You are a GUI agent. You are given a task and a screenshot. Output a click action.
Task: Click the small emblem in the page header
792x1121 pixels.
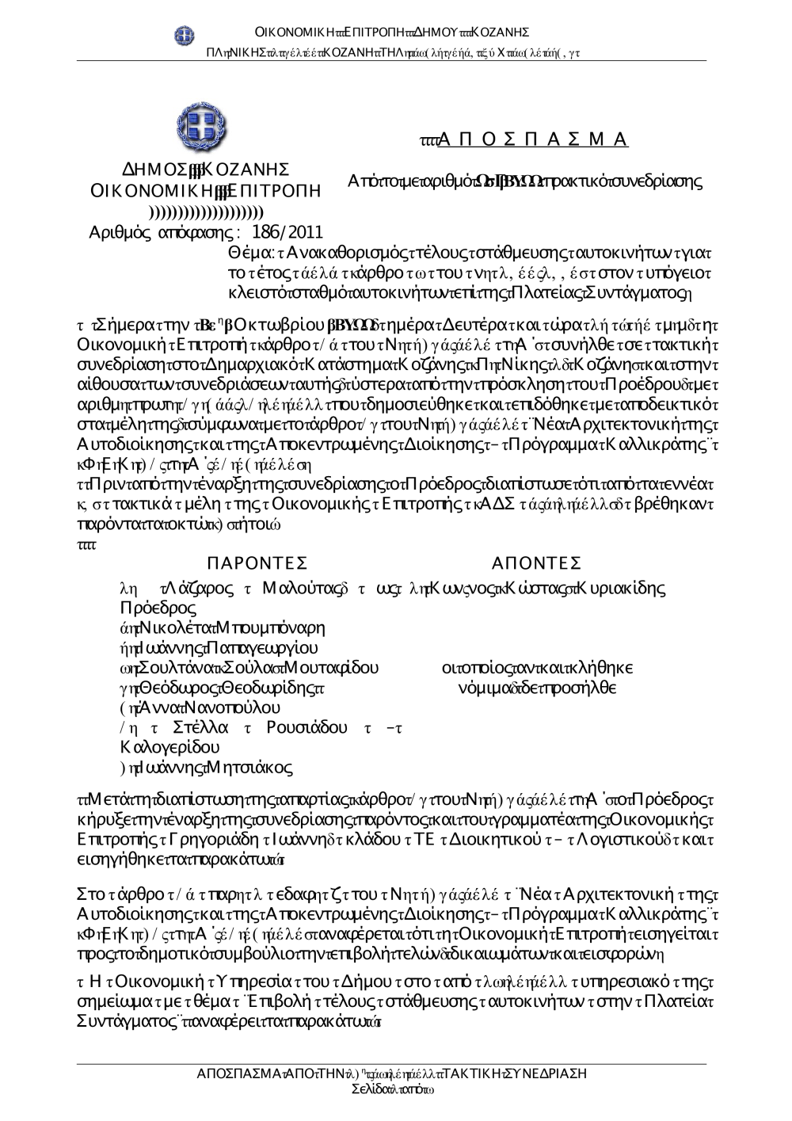pos(185,34)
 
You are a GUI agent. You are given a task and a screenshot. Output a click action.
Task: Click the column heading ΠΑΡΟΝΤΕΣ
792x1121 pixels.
pos(256,563)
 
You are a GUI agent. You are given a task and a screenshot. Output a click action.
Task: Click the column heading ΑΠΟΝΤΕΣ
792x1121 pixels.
pos(536,563)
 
